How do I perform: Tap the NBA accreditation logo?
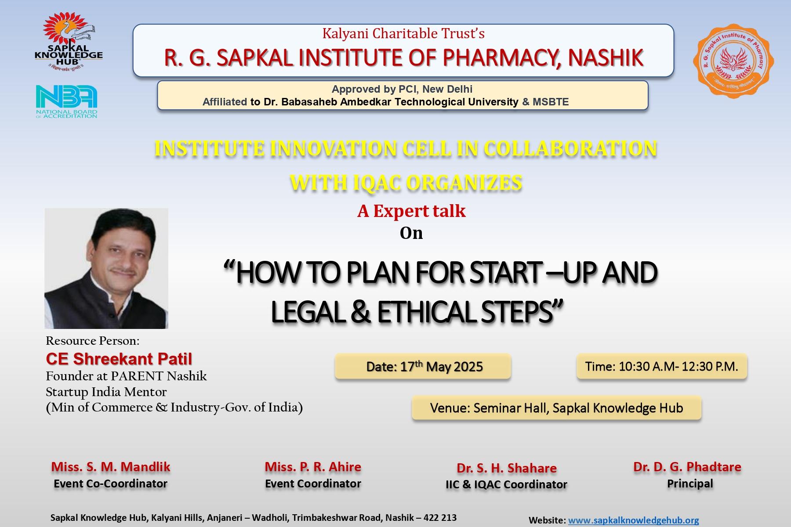coord(66,101)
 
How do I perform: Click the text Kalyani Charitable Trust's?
coord(403,33)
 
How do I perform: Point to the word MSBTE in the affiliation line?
coord(551,102)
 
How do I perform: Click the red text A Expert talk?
coord(411,211)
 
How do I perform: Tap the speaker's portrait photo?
coord(106,268)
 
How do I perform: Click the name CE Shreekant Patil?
coord(119,359)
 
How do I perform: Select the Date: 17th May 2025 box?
coord(423,366)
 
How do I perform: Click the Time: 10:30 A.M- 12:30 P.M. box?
coord(662,366)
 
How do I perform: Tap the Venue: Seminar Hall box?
coord(556,408)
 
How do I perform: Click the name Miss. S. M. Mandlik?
coord(111,467)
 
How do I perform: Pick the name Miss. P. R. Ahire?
coord(313,467)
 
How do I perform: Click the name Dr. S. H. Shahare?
coord(507,468)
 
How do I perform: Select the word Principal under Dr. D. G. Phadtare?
coord(690,484)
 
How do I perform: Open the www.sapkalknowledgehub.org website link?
coord(633,520)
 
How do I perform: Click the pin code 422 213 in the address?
coord(439,518)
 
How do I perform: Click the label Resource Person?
coord(92,341)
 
